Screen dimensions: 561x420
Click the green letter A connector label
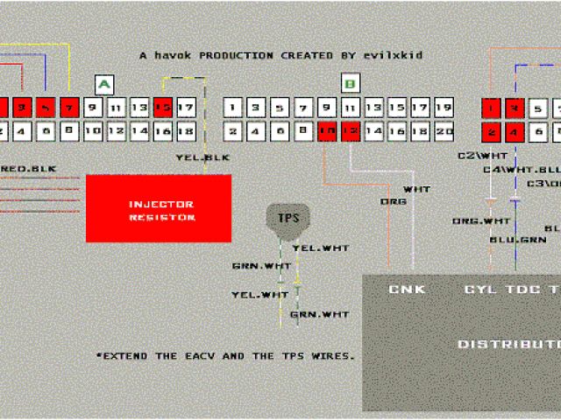click(x=104, y=85)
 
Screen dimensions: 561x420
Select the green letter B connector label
click(x=350, y=85)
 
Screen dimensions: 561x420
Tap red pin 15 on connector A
click(x=162, y=108)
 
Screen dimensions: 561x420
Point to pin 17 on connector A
click(x=185, y=108)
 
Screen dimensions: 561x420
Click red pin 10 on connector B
click(x=327, y=131)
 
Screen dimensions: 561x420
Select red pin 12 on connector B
click(x=350, y=131)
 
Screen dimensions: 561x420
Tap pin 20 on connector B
click(x=444, y=131)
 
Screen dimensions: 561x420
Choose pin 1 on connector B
click(x=232, y=108)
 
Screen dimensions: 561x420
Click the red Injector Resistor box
click(x=158, y=208)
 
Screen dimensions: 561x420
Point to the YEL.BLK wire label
click(x=202, y=157)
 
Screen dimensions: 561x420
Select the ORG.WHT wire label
click(x=480, y=220)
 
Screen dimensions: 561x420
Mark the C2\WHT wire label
click(x=477, y=155)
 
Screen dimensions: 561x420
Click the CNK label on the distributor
click(x=407, y=289)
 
